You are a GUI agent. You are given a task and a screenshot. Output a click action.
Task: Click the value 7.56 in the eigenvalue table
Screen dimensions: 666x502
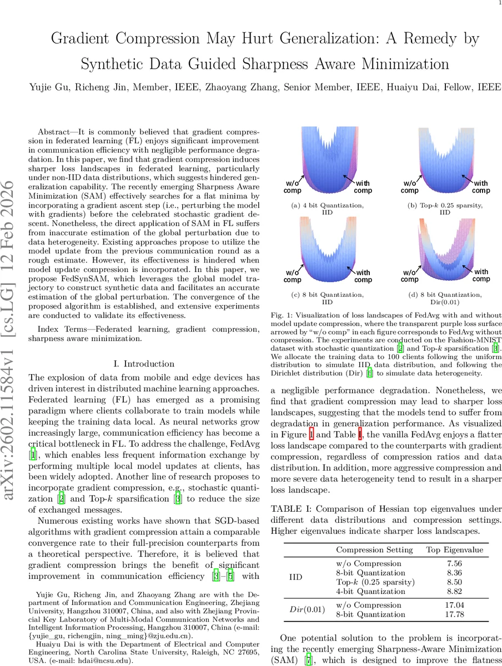[x=454, y=564]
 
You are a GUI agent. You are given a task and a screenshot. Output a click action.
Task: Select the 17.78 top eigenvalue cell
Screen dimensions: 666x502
[x=454, y=614]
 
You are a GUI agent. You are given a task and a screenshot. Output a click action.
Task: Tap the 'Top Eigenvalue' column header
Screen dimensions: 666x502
[x=454, y=549]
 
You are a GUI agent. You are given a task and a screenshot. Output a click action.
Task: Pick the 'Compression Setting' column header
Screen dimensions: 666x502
[x=374, y=549]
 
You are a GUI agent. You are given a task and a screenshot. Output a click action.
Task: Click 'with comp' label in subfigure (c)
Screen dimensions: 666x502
[x=363, y=276]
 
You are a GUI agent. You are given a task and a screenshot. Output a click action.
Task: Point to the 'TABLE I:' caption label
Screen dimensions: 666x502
[x=287, y=508]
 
